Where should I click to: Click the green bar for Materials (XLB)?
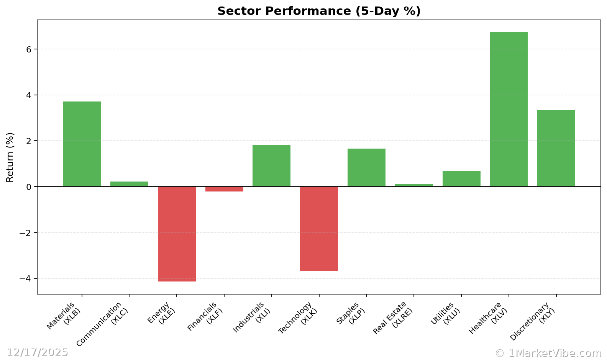pos(82,144)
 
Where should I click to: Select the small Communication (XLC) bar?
pos(129,184)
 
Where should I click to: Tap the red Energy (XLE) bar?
pos(177,234)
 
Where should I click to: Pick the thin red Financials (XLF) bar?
pos(224,189)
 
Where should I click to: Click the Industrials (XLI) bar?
pos(271,165)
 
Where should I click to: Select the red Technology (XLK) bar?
pos(319,229)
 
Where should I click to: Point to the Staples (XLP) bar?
pos(366,167)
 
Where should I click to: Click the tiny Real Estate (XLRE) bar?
pos(414,185)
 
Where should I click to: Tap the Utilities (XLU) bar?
pos(461,178)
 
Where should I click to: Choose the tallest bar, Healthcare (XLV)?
pos(509,109)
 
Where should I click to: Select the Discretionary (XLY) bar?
pos(556,148)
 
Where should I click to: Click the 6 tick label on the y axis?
pos(29,49)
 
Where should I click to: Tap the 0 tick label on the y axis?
pos(29,187)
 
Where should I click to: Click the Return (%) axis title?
pos(10,157)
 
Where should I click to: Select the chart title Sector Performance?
pos(319,11)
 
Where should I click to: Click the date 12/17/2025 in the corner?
pos(37,352)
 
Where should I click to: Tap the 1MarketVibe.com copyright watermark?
pos(548,353)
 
